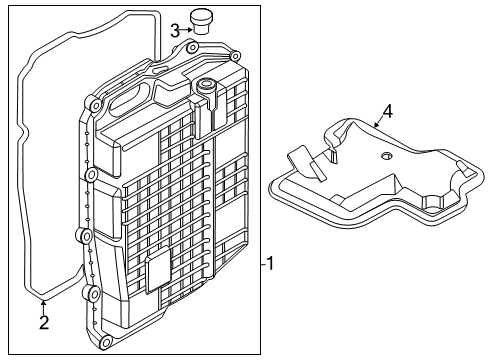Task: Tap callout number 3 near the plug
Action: point(174,30)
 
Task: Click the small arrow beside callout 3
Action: point(186,30)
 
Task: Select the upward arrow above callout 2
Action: point(44,304)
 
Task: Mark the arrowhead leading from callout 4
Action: point(375,126)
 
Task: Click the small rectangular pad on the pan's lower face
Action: point(158,273)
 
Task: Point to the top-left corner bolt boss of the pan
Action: point(94,104)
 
